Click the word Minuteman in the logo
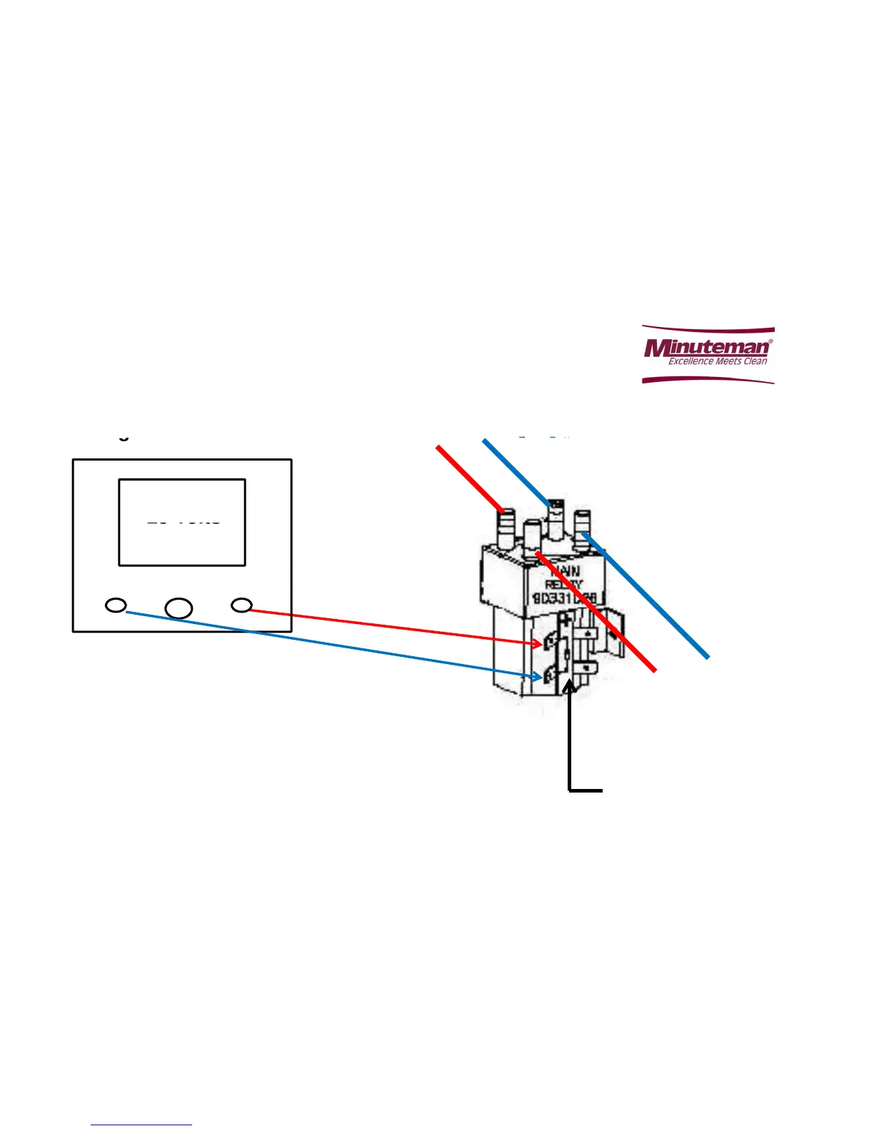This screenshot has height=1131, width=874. pyautogui.click(x=707, y=347)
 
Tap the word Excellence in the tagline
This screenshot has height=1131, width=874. pyautogui.click(x=690, y=361)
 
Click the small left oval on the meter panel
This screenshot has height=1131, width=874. pyautogui.click(x=116, y=605)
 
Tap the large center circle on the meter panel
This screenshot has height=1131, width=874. pyautogui.click(x=179, y=608)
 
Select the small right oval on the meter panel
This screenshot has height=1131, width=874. pyautogui.click(x=242, y=605)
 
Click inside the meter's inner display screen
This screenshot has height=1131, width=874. pyautogui.click(x=182, y=522)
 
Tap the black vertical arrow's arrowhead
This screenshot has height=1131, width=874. pyautogui.click(x=569, y=685)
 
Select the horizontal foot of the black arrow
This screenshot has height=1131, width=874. pyautogui.click(x=586, y=790)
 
